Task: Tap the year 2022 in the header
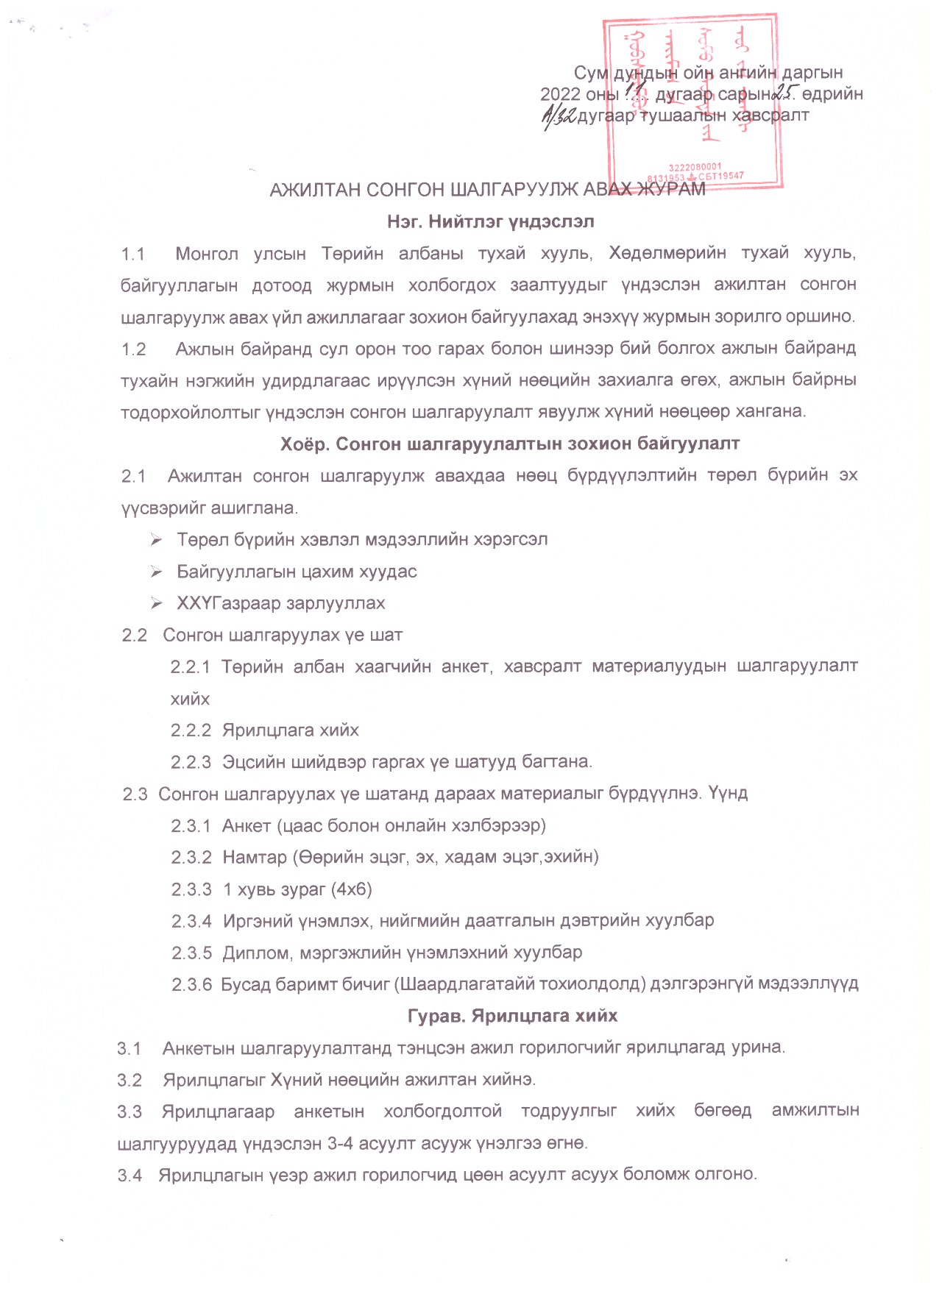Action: (560, 94)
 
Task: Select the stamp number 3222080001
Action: (695, 168)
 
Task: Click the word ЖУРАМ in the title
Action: (670, 190)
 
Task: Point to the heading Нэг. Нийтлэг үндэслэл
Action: (490, 221)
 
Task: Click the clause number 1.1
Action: (133, 254)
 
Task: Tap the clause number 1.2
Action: (134, 349)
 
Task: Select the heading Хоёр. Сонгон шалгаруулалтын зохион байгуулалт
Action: (509, 444)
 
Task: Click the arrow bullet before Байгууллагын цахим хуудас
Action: (156, 572)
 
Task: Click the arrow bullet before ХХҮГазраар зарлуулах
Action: (156, 603)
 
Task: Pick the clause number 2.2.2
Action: (191, 730)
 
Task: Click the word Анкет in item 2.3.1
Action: (247, 825)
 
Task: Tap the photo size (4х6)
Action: (352, 889)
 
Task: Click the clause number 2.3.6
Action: (191, 984)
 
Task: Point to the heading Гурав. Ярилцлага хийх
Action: (512, 1016)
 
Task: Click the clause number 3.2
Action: (130, 1080)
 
